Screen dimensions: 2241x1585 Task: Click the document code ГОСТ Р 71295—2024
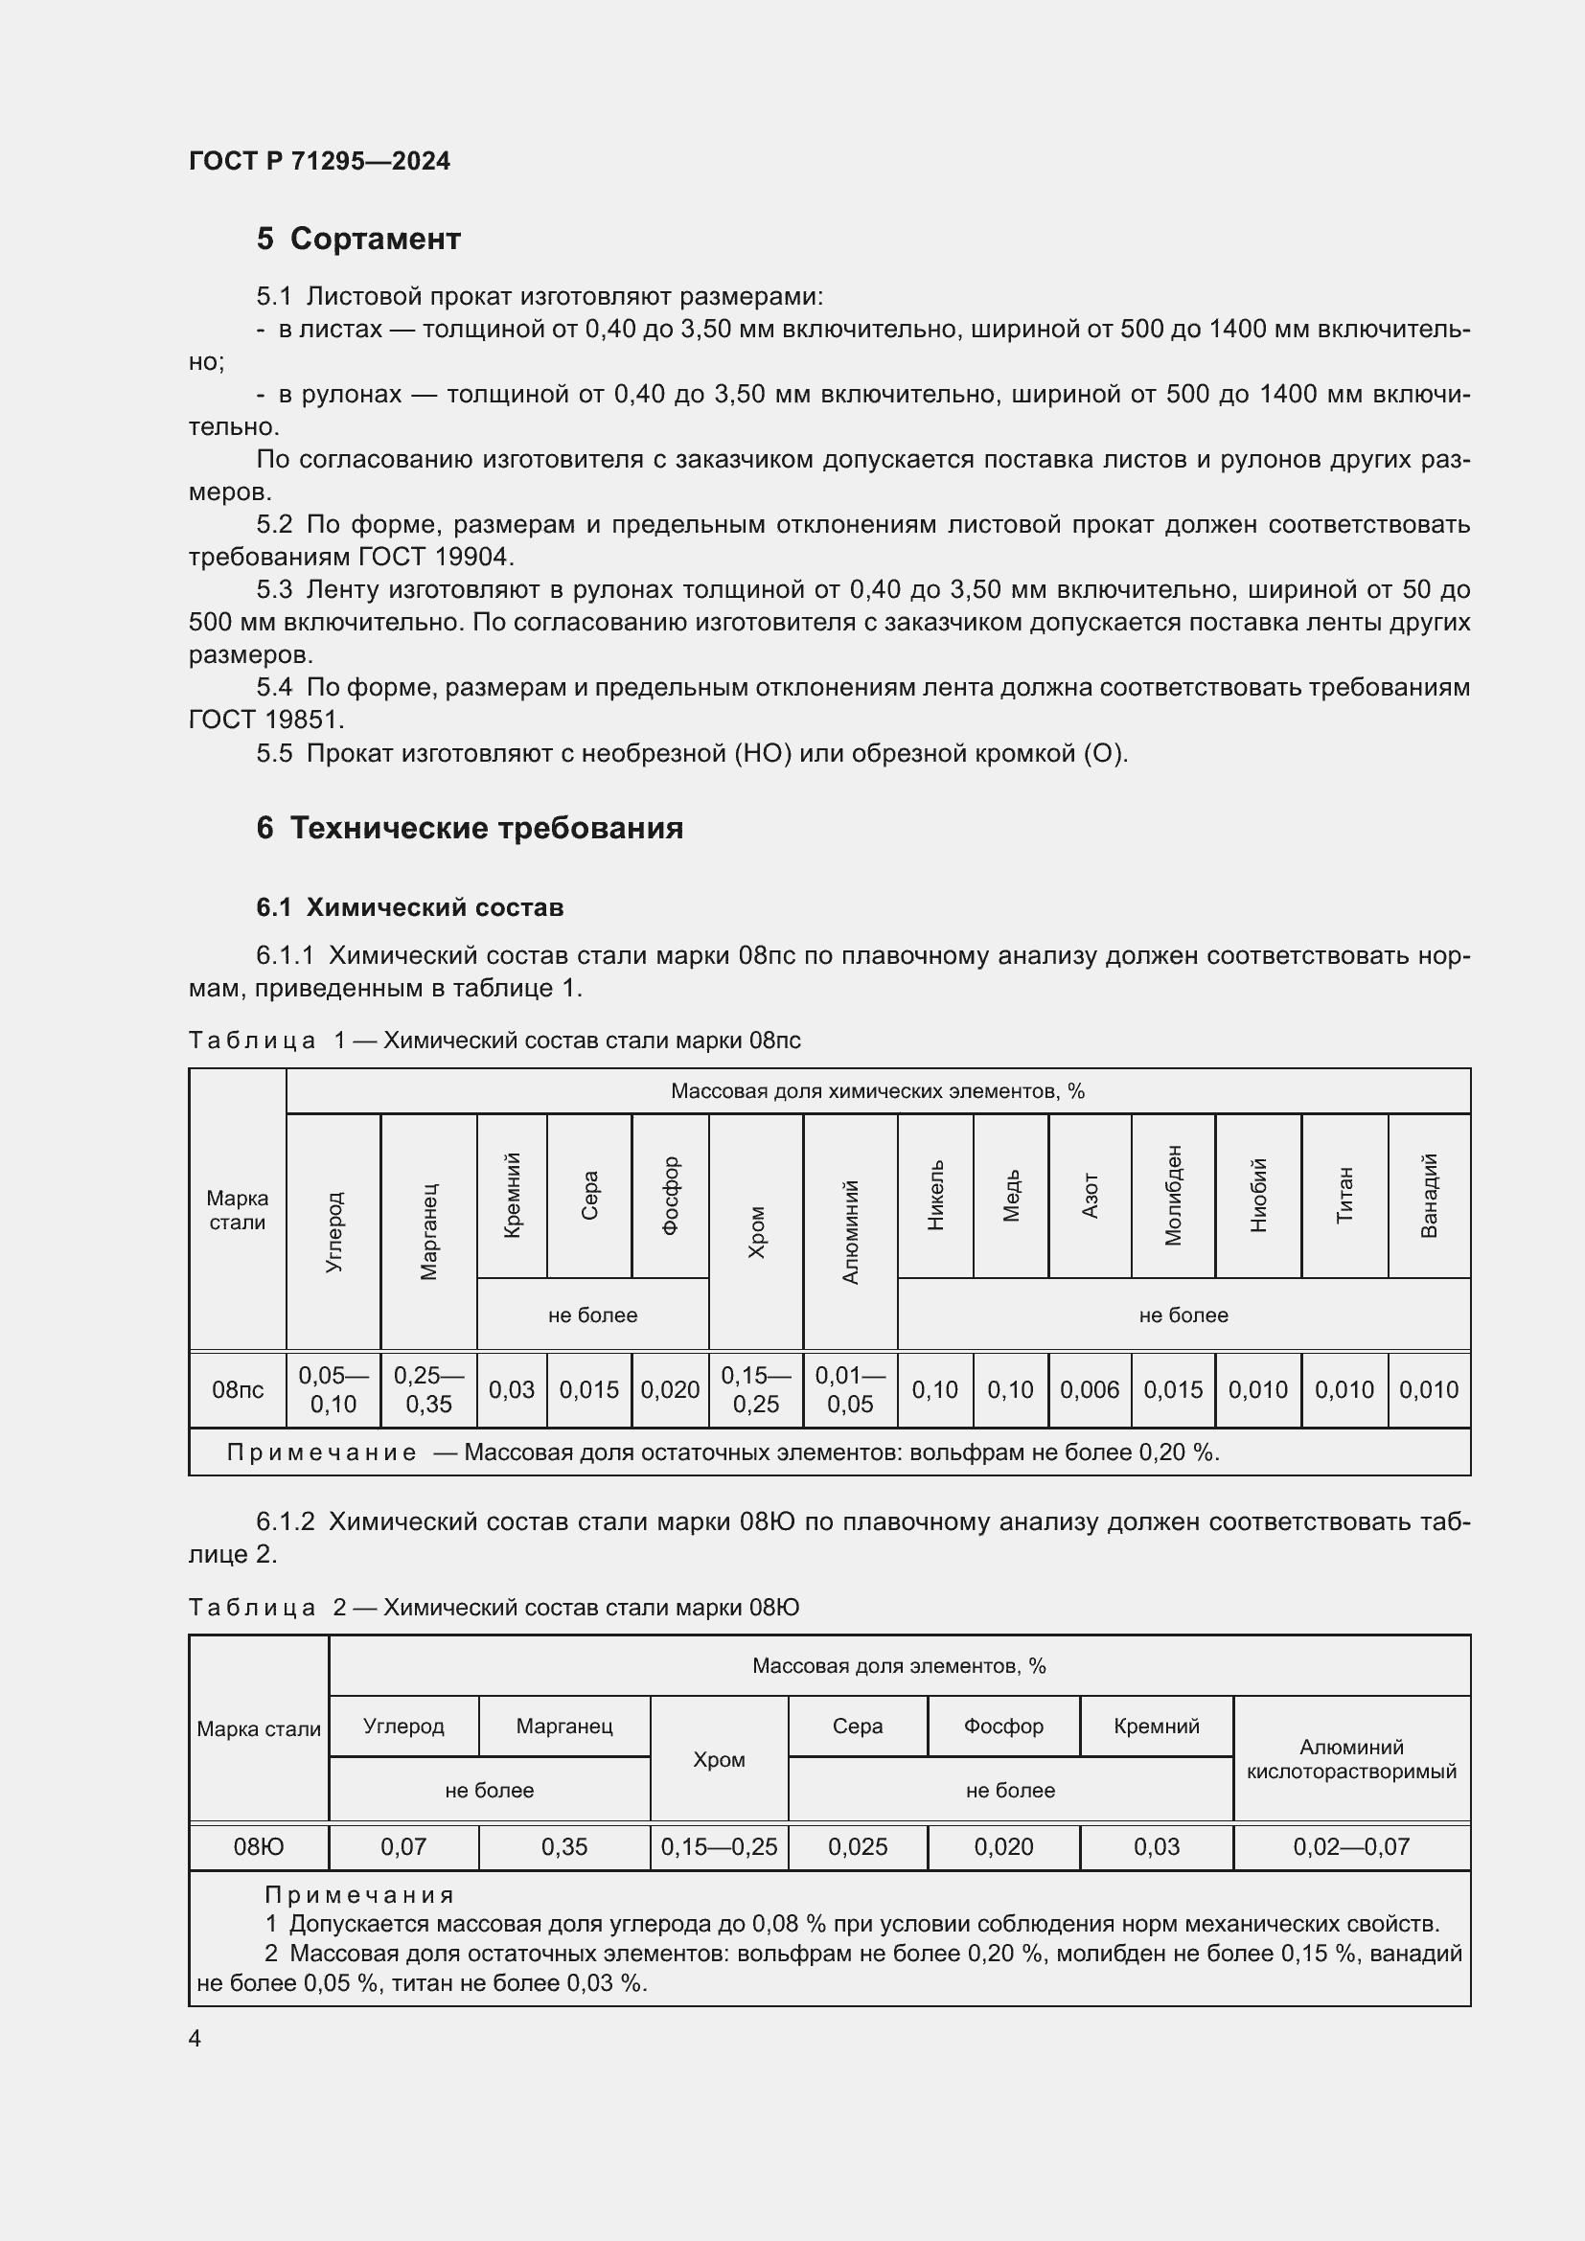pos(319,161)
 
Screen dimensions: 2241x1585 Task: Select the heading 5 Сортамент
pos(358,239)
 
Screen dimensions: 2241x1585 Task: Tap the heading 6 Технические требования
pos(470,828)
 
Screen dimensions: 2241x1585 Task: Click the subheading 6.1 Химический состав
pos(410,906)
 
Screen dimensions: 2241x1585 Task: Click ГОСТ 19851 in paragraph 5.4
pos(265,720)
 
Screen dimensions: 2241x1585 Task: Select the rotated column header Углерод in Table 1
pos(333,1231)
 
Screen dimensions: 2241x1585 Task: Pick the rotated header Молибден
pos(1173,1195)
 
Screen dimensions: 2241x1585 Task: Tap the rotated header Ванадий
pos(1429,1195)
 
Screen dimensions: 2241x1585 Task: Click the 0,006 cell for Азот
pos(1090,1389)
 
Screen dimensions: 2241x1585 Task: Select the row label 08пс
pos(237,1389)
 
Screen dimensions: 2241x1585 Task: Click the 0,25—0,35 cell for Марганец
pos(428,1389)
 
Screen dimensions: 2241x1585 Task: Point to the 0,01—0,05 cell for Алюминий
pos(850,1389)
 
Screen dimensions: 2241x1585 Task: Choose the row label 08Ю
pos(259,1846)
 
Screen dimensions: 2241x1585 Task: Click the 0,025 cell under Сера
pos(857,1846)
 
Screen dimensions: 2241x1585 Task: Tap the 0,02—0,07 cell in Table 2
pos(1351,1846)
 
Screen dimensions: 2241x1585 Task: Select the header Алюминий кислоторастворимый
pos(1351,1759)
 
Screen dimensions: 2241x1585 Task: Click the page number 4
pos(195,2039)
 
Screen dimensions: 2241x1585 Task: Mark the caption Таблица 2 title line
pos(494,1608)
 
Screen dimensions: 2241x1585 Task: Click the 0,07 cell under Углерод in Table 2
pos(403,1846)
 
